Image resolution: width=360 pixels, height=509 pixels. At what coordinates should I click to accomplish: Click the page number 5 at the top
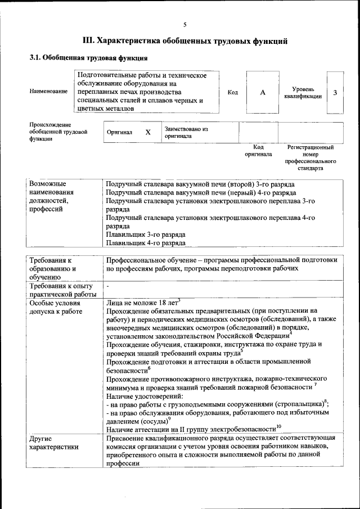click(x=184, y=24)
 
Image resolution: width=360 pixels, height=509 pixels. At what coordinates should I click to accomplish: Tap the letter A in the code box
click(x=263, y=93)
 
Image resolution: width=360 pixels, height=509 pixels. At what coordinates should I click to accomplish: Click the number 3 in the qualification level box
click(x=335, y=93)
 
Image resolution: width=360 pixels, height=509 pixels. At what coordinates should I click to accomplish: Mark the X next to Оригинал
click(x=148, y=132)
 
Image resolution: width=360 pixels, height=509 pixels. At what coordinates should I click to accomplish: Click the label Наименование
click(x=49, y=91)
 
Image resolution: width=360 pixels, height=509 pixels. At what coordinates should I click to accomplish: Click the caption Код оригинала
click(x=258, y=150)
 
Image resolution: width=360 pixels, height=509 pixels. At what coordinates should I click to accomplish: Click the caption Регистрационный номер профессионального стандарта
click(x=310, y=157)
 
